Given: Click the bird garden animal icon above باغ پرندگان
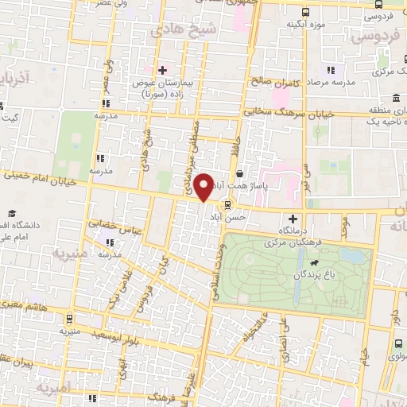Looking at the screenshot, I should pyautogui.click(x=316, y=263).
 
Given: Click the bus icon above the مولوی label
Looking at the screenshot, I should pyautogui.click(x=397, y=343).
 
